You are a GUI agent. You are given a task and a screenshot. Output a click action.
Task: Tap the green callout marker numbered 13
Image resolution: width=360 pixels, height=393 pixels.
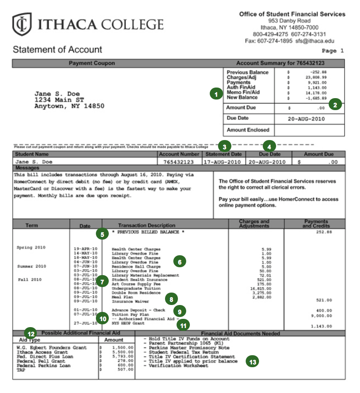coord(252,362)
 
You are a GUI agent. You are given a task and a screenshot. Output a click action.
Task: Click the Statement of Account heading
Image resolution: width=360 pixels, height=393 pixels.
coord(58,50)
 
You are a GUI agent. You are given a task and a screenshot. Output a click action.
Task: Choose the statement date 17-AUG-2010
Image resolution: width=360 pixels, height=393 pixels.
coord(223,162)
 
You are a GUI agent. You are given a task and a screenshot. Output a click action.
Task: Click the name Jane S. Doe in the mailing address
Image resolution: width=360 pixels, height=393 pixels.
coord(53,94)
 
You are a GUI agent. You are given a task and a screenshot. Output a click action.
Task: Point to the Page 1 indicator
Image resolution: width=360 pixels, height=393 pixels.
coord(332,51)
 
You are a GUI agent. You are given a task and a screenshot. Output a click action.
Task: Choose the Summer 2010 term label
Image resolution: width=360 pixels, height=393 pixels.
coord(31,266)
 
